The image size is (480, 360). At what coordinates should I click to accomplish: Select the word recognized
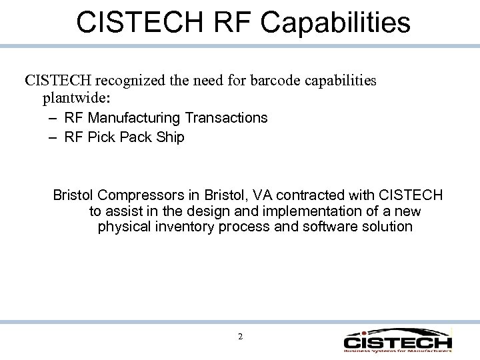[x=135, y=81]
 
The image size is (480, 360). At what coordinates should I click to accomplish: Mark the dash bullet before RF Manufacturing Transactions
[x=53, y=119]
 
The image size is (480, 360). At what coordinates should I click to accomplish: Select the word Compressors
[x=141, y=195]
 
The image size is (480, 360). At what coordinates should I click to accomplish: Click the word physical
[x=123, y=227]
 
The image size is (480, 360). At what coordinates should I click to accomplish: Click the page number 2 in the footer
[x=240, y=336]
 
